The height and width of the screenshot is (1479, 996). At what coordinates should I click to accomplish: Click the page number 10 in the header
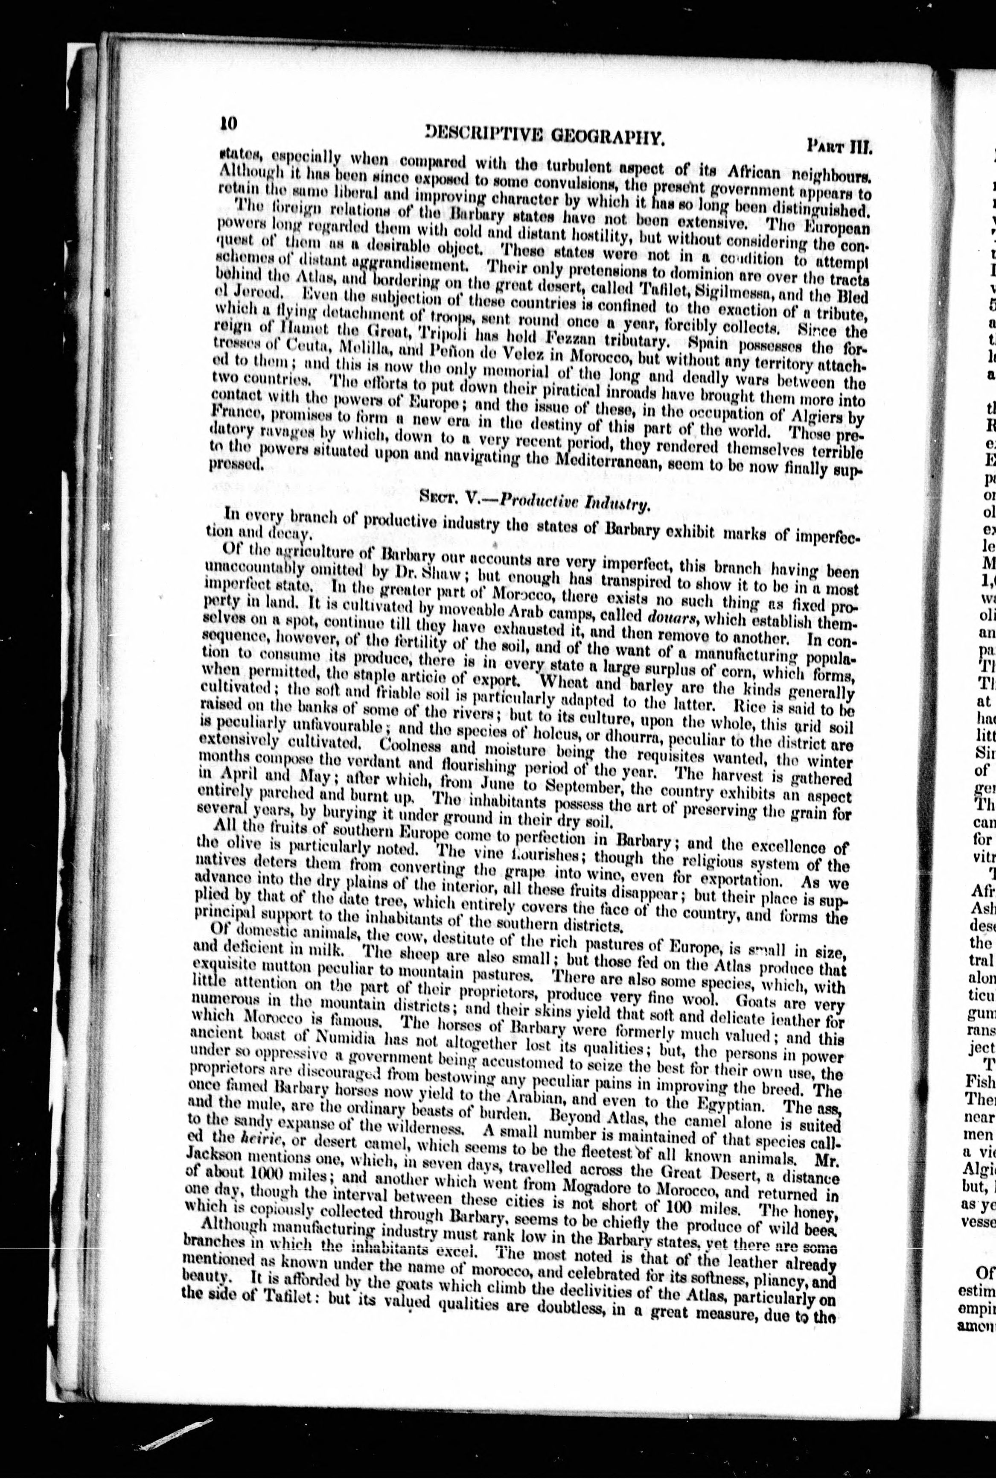pos(227,123)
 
